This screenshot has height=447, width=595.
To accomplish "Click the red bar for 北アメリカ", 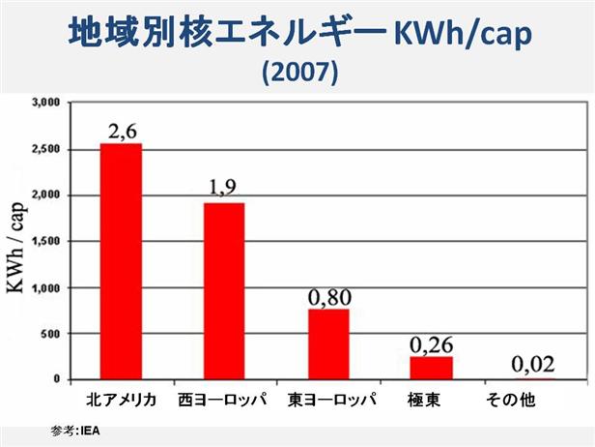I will [121, 261].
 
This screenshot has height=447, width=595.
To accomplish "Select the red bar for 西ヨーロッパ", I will [223, 291].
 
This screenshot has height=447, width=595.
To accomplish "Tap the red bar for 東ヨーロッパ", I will [328, 344].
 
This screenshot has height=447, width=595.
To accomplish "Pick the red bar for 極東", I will [431, 368].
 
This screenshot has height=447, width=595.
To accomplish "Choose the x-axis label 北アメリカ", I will [121, 399].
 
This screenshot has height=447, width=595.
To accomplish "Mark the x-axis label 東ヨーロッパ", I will [329, 399].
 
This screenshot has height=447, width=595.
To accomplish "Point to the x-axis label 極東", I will [431, 399].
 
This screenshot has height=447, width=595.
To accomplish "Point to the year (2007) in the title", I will [299, 74].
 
